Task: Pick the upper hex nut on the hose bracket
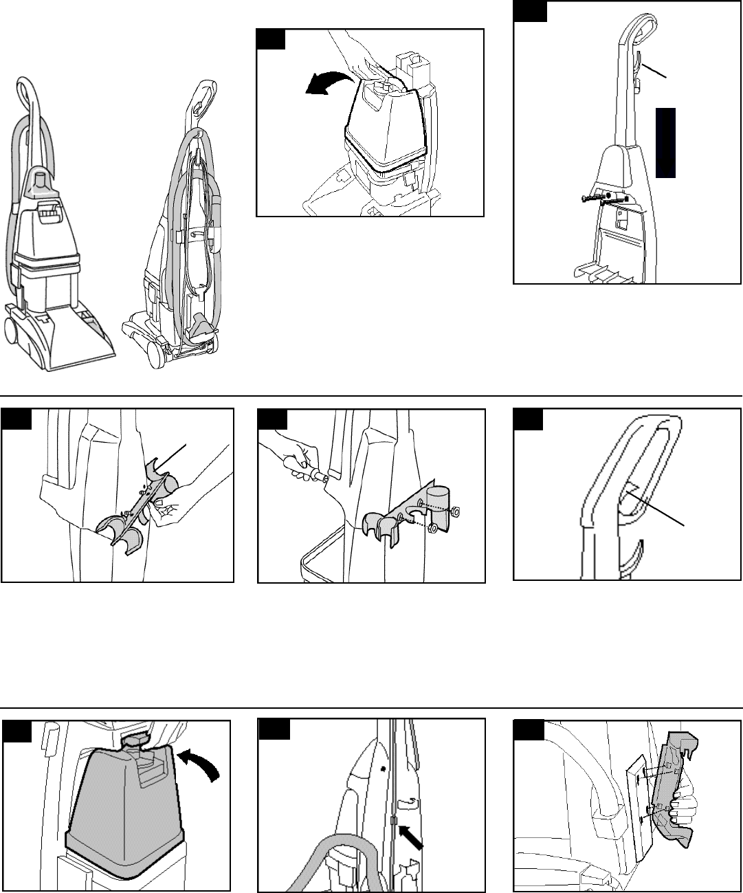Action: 455,511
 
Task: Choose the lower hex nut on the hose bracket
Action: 432,529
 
